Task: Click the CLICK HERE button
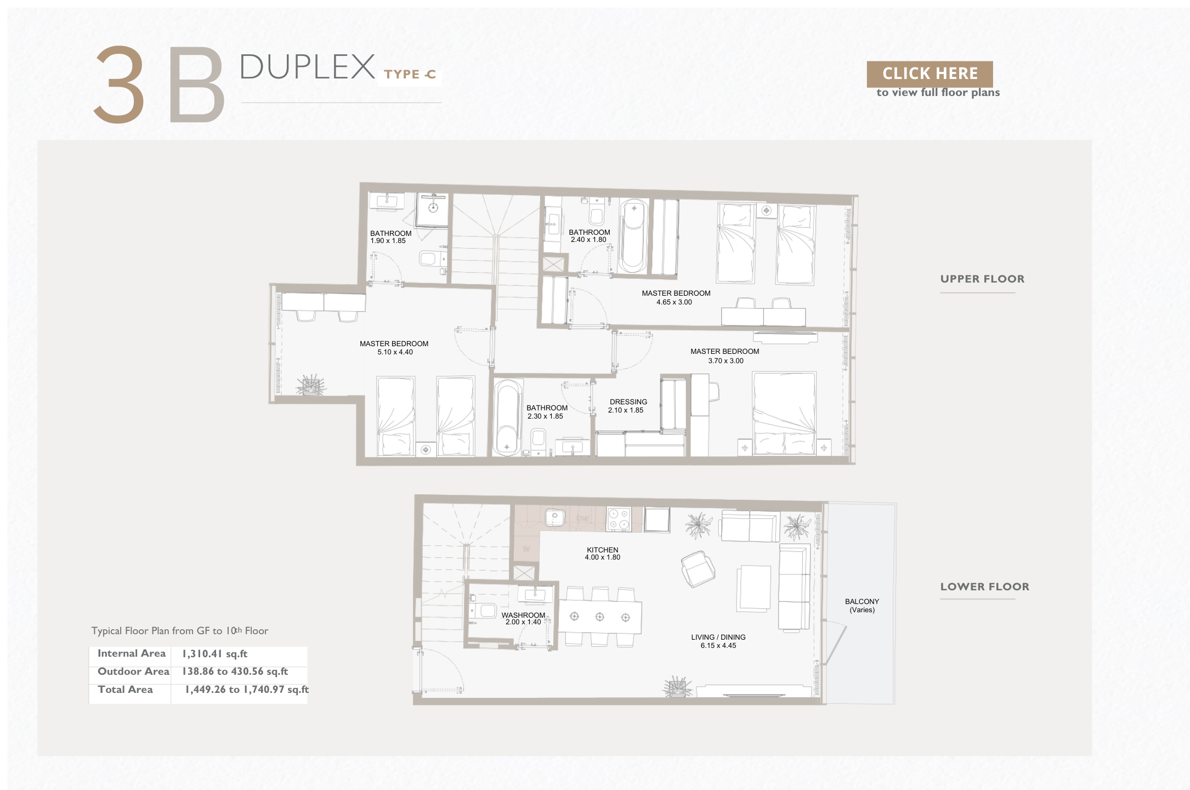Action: (x=930, y=74)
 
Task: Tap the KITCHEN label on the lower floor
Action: (x=602, y=550)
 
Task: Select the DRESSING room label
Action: (x=628, y=402)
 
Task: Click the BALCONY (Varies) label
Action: (x=862, y=606)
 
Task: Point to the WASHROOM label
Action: (x=523, y=615)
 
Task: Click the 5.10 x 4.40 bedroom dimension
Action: (x=395, y=352)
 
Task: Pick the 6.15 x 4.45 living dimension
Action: (x=718, y=646)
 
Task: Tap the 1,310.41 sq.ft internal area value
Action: (x=215, y=654)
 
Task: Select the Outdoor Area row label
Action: (x=133, y=672)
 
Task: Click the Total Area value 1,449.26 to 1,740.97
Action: (x=247, y=690)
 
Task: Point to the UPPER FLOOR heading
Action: (x=982, y=279)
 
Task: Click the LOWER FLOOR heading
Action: (x=984, y=586)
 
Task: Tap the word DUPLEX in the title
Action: (x=307, y=67)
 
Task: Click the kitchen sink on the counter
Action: (x=555, y=517)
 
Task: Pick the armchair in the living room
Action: (x=698, y=569)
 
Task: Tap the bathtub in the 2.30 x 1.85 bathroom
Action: (x=507, y=417)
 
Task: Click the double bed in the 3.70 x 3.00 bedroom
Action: (x=784, y=413)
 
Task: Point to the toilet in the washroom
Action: (x=483, y=611)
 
